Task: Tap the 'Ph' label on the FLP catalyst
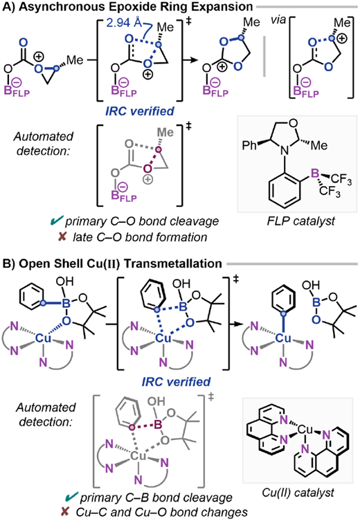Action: (249, 145)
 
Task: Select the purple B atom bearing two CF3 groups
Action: (315, 173)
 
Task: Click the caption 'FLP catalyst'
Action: (300, 221)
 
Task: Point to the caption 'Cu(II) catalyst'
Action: (298, 492)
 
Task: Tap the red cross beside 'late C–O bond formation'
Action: (62, 237)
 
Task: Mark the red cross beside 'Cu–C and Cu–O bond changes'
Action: (65, 512)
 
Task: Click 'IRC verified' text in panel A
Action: (140, 111)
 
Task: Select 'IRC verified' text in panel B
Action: (176, 381)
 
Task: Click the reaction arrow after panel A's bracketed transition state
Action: (190, 60)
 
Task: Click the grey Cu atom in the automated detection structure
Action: (138, 455)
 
